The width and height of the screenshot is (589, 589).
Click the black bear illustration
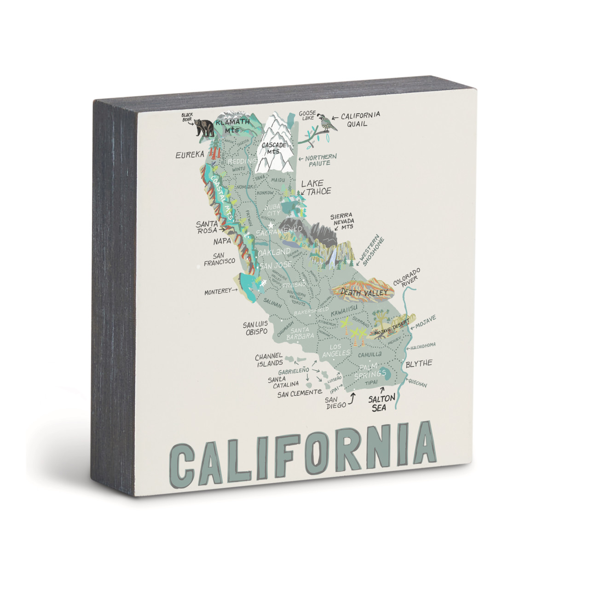[204, 127]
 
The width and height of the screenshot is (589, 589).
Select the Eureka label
[190, 155]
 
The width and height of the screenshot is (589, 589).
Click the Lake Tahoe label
[316, 187]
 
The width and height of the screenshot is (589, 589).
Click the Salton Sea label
[381, 403]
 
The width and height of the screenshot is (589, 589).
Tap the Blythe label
[419, 364]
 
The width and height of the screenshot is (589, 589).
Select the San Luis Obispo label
[256, 328]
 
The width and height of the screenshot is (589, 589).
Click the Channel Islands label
[269, 360]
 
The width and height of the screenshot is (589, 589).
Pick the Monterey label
[218, 292]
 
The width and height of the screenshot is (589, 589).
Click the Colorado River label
[406, 278]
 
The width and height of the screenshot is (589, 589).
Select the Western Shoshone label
[371, 250]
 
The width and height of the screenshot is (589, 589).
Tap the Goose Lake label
[307, 115]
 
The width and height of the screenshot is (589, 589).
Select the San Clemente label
[299, 393]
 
